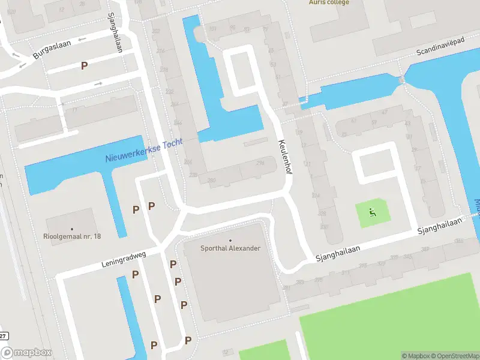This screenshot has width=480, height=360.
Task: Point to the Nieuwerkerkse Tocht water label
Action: click(x=144, y=154)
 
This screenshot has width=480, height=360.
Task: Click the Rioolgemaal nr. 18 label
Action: click(x=72, y=236)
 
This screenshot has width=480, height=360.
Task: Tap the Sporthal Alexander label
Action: click(x=230, y=248)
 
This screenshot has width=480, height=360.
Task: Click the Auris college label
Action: click(x=329, y=2)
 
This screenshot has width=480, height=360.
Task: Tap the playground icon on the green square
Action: click(x=372, y=212)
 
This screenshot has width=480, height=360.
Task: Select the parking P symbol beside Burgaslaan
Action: click(x=85, y=65)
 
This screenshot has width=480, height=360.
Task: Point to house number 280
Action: click(x=211, y=180)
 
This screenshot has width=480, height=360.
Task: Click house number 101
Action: click(x=212, y=28)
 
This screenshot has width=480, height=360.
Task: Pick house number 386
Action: click(x=459, y=241)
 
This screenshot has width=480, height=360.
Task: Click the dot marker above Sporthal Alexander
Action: click(x=230, y=241)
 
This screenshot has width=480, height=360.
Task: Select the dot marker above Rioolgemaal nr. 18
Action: click(x=72, y=229)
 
